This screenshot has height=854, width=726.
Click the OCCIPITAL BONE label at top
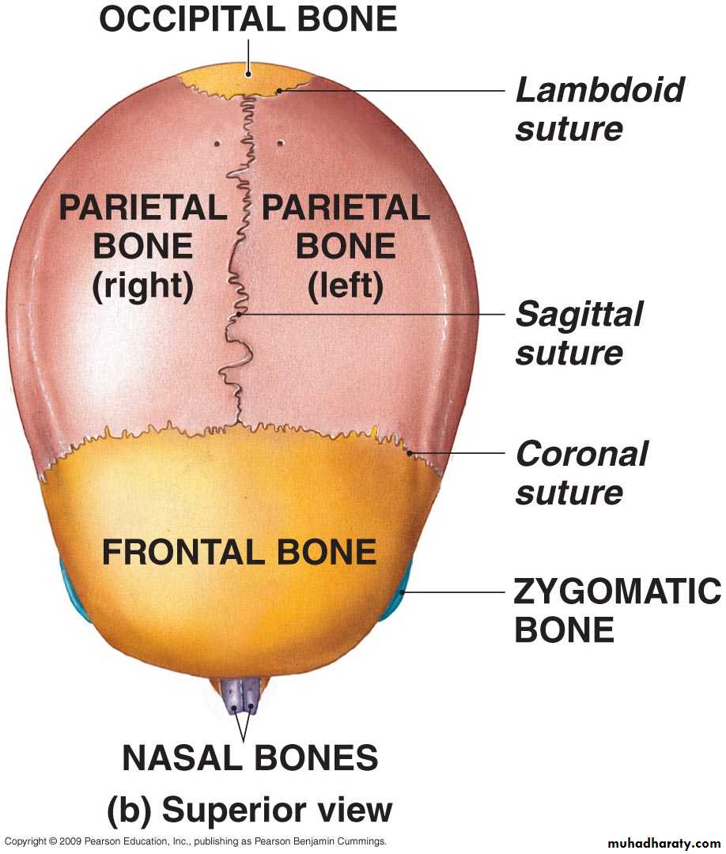248,19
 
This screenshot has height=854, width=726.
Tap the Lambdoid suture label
599,109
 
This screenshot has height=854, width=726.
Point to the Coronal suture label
581,473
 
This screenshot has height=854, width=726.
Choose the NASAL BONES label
250,758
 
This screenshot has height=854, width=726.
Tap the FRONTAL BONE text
239,552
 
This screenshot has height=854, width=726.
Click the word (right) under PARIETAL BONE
142,286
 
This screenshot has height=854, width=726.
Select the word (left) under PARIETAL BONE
346,286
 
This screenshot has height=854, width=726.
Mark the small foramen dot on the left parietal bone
280,144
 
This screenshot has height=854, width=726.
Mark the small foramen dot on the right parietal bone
217,144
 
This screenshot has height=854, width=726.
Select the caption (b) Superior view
249,810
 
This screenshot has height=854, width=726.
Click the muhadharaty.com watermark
663,843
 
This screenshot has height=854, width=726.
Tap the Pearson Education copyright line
195,841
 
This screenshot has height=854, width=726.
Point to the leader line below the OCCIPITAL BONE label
248,58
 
